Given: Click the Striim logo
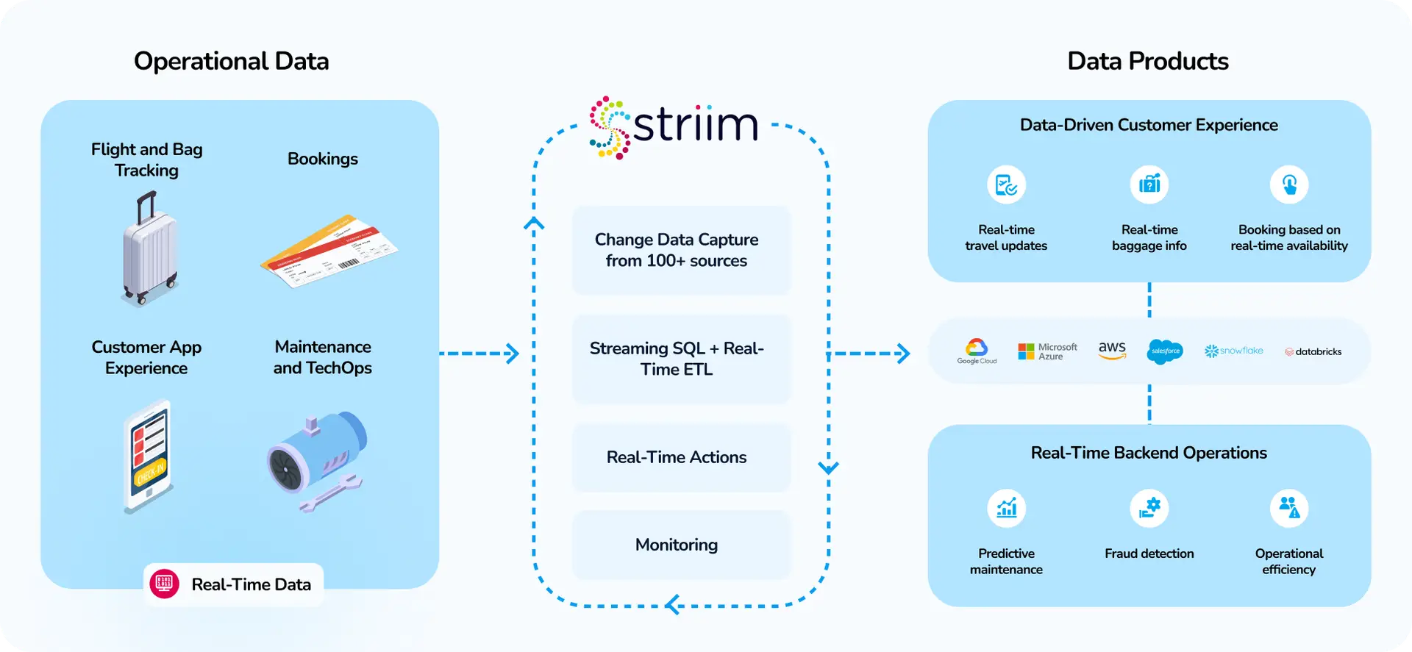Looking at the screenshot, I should click(674, 126).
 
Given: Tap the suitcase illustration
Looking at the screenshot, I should click(150, 250).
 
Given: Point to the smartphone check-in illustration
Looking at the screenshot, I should click(149, 456).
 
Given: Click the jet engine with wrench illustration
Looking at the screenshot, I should click(316, 460).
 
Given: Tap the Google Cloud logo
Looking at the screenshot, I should click(977, 351).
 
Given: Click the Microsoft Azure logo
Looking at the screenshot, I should click(1047, 351).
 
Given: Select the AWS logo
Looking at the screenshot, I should click(1112, 350).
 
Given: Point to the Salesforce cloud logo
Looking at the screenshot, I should click(1165, 351).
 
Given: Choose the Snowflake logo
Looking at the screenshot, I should click(1233, 351).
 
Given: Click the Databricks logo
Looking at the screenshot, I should click(1313, 352).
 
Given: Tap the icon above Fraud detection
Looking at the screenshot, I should click(1149, 508).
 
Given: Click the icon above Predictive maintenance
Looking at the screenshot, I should click(1006, 508).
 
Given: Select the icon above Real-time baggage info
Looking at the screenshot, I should click(1149, 185).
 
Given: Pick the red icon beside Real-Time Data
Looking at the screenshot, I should click(165, 584).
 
